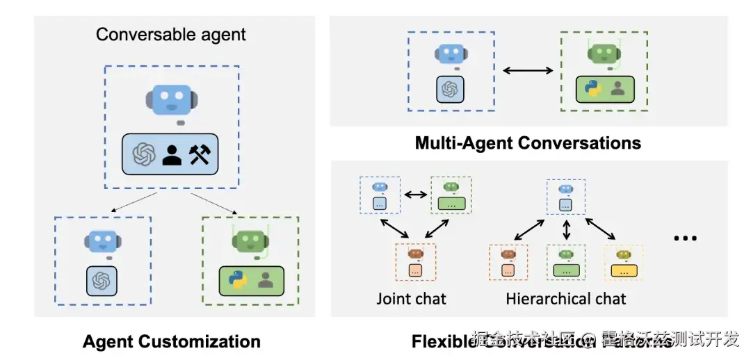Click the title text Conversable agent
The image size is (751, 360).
click(x=170, y=34)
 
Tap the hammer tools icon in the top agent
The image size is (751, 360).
click(x=199, y=154)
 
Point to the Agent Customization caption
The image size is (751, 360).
click(x=171, y=341)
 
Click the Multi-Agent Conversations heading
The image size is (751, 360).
click(x=528, y=143)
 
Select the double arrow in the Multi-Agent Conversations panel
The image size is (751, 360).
click(x=527, y=70)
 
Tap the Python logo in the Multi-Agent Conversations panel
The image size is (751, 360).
click(x=592, y=90)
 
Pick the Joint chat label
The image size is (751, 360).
click(x=411, y=299)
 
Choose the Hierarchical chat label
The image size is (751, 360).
click(x=565, y=299)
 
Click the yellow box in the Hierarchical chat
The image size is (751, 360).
click(x=624, y=270)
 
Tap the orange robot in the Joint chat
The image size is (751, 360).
click(x=416, y=254)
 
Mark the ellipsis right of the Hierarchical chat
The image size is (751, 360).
click(x=685, y=238)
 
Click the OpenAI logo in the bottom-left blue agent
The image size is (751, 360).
click(x=102, y=280)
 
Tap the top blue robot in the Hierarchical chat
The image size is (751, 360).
click(x=565, y=188)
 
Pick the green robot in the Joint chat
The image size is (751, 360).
click(x=451, y=188)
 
